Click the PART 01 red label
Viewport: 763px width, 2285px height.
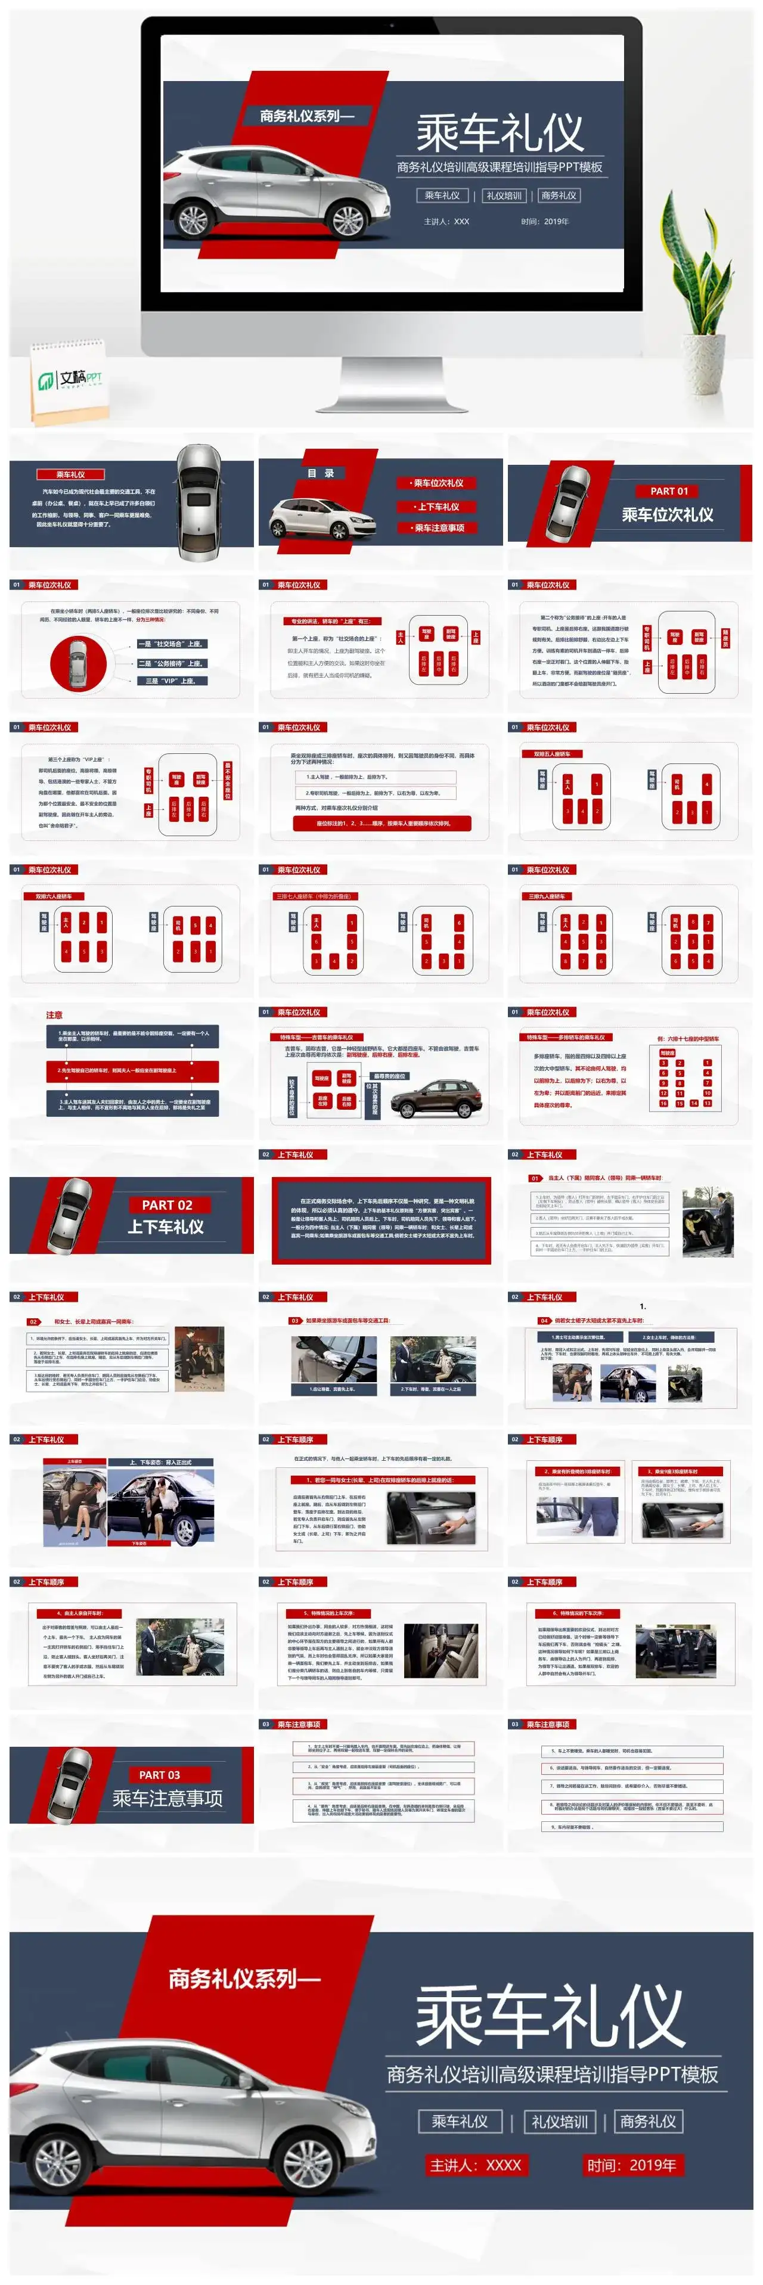[x=668, y=490]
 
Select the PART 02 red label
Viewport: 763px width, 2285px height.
[x=167, y=1204]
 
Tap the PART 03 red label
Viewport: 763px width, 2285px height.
[x=160, y=1774]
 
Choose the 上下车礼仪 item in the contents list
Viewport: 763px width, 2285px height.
[x=438, y=507]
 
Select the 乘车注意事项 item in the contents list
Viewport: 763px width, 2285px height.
[x=438, y=528]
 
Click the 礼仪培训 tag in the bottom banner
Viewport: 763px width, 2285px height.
[x=559, y=2121]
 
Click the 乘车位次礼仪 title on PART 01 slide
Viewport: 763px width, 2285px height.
[x=667, y=514]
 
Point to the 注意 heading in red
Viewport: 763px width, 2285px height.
[x=54, y=1015]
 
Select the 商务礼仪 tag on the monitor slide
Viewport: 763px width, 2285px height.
[x=558, y=195]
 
